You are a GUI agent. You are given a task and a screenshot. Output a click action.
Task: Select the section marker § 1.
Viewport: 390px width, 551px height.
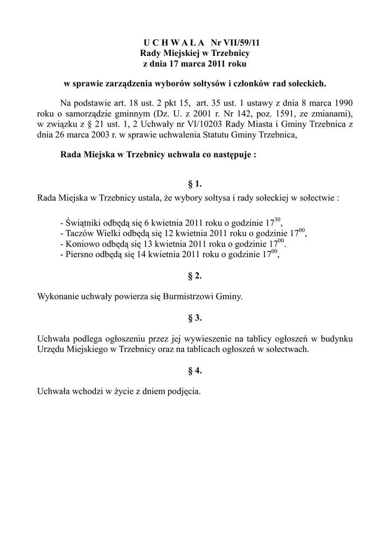click(194, 184)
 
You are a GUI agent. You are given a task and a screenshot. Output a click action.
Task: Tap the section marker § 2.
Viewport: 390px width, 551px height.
click(194, 276)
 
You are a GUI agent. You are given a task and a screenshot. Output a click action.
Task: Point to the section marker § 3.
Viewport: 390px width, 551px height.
click(194, 317)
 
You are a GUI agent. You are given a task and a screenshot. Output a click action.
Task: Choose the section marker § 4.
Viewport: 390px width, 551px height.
click(194, 370)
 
